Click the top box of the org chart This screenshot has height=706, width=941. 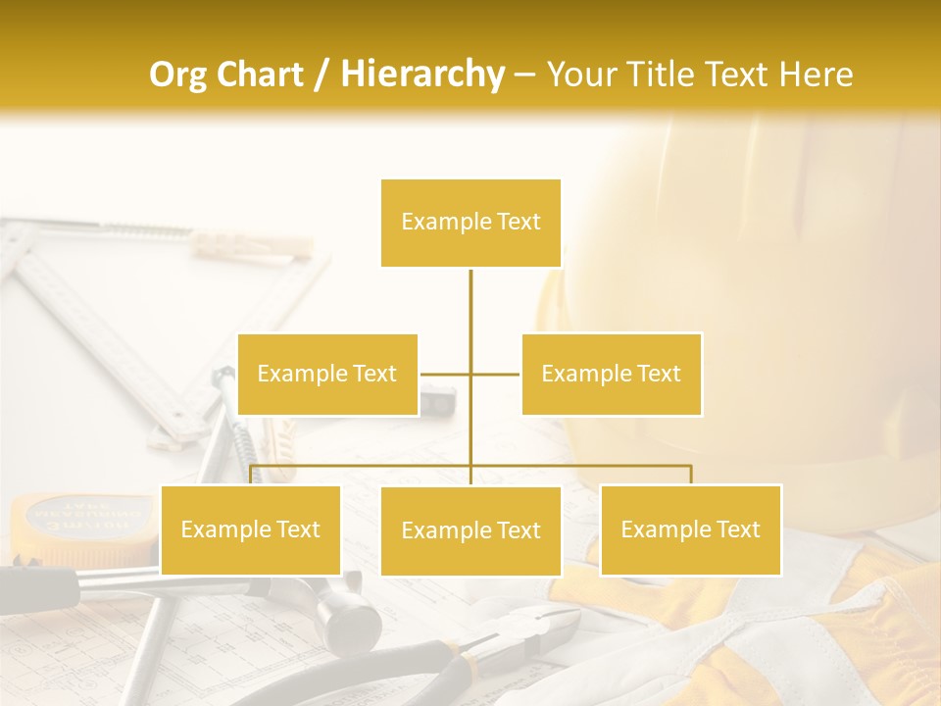[x=470, y=223]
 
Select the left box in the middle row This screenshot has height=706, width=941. [x=327, y=374]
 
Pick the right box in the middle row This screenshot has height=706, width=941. [x=611, y=374]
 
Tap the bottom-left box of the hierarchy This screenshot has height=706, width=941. [x=250, y=529]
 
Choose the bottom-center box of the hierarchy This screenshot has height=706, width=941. [x=470, y=530]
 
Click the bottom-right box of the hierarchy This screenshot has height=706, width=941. [x=690, y=529]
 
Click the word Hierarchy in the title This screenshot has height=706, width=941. [x=421, y=74]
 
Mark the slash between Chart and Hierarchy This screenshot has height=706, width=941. [x=322, y=75]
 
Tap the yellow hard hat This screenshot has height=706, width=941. [x=745, y=294]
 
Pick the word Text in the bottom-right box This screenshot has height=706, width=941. [x=737, y=529]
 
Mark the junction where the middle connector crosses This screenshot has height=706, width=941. [x=470, y=374]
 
